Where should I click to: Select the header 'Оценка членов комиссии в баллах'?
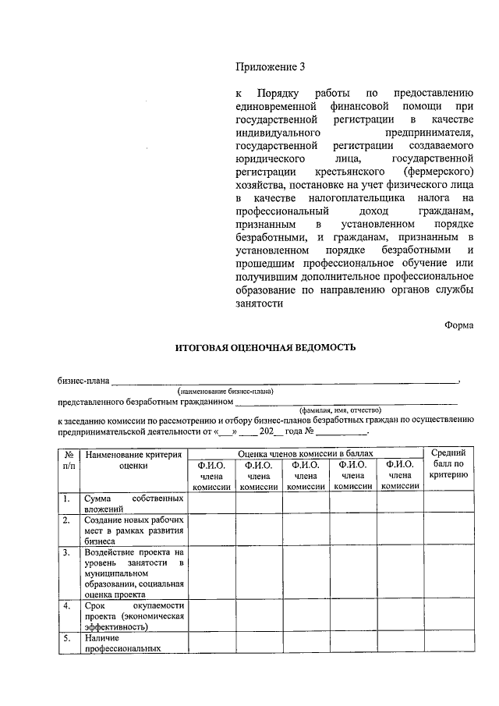click(305, 452)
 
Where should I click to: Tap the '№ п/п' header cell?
click(69, 459)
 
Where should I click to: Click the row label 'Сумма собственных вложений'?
click(133, 502)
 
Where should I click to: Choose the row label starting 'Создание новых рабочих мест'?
click(133, 530)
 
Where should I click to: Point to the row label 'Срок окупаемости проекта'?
click(133, 615)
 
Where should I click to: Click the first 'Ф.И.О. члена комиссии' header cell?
click(212, 475)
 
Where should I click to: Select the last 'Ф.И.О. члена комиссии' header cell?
click(399, 475)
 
